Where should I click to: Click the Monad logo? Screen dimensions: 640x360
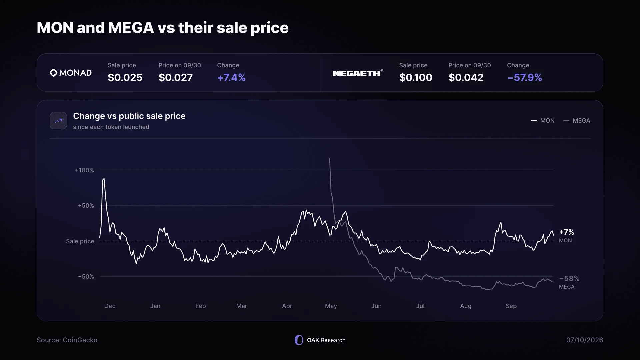coord(71,73)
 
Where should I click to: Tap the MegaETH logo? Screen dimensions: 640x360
coord(358,73)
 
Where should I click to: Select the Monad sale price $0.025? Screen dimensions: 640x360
coord(125,77)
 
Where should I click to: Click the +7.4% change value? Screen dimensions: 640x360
coord(232,77)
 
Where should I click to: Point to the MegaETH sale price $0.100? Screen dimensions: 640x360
coord(416,77)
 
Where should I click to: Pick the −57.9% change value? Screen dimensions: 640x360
coord(525,77)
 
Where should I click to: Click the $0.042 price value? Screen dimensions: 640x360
coord(466,77)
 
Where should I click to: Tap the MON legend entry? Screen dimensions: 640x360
coord(543,121)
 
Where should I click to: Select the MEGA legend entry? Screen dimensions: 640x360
coord(577,121)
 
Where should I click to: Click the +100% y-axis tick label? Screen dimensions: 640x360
coord(85,170)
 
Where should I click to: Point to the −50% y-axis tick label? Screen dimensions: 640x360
coord(86,277)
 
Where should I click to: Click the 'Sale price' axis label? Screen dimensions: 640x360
coord(80,241)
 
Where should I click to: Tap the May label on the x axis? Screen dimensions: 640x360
coord(331,306)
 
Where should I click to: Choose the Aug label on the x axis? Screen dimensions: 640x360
coord(466,306)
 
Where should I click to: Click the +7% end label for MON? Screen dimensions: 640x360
coord(567,232)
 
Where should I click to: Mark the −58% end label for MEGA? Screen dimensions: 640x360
coord(569,278)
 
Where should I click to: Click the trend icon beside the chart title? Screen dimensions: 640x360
coord(58,121)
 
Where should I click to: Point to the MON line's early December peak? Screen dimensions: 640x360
coord(104,179)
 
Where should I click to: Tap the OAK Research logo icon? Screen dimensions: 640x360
coord(299,340)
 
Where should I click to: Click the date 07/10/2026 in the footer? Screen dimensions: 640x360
coord(585,340)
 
